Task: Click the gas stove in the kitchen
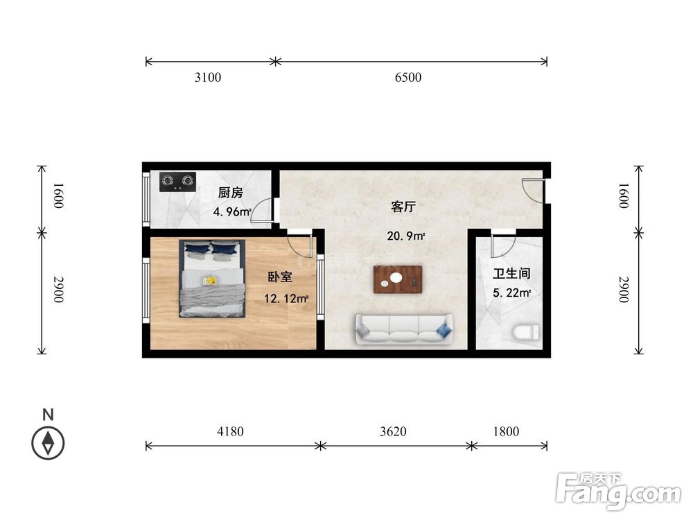pos(176,182)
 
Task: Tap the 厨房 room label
pos(230,193)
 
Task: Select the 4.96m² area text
pos(231,212)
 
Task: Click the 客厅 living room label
pos(403,207)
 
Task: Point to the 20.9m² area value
pos(405,236)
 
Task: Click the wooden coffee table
pos(398,279)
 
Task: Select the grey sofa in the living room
pos(403,329)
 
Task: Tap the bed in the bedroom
pos(213,279)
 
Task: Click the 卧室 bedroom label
pos(280,277)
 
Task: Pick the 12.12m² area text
pos(286,299)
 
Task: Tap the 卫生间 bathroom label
pos(511,273)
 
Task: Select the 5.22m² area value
pos(511,293)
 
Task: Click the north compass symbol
pos(48,441)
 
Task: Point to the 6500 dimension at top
pos(408,78)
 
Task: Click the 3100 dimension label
pos(207,78)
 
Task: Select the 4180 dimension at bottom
pos(230,431)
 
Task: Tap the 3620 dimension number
pos(393,431)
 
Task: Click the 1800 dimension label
pos(506,431)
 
